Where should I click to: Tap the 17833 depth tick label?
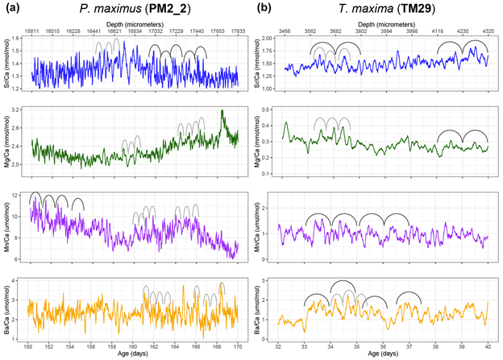coord(238,31)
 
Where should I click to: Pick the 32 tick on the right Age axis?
coord(277,346)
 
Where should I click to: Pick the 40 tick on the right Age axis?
coord(488,346)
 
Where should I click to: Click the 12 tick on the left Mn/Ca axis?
coord(20,197)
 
